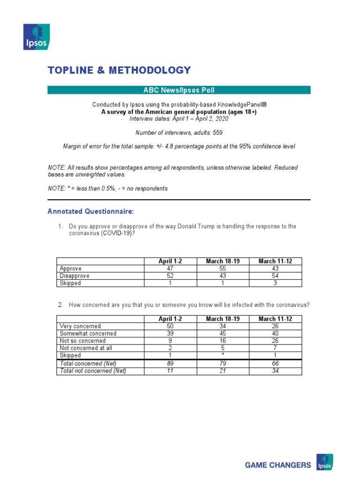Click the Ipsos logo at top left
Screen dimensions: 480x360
(x=36, y=37)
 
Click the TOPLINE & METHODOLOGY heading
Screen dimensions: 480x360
(x=119, y=70)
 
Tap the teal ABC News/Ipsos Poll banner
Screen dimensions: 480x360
(x=179, y=90)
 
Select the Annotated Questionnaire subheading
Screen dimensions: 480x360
(x=90, y=212)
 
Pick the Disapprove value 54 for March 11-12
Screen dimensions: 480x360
(x=276, y=276)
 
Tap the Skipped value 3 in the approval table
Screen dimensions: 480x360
(x=276, y=283)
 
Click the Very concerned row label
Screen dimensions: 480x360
(x=80, y=326)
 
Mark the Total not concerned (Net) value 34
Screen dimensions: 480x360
(x=276, y=371)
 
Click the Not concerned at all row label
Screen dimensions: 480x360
(x=86, y=348)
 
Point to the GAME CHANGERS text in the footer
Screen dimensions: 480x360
(x=278, y=465)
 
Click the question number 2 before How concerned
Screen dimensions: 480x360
(x=60, y=305)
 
